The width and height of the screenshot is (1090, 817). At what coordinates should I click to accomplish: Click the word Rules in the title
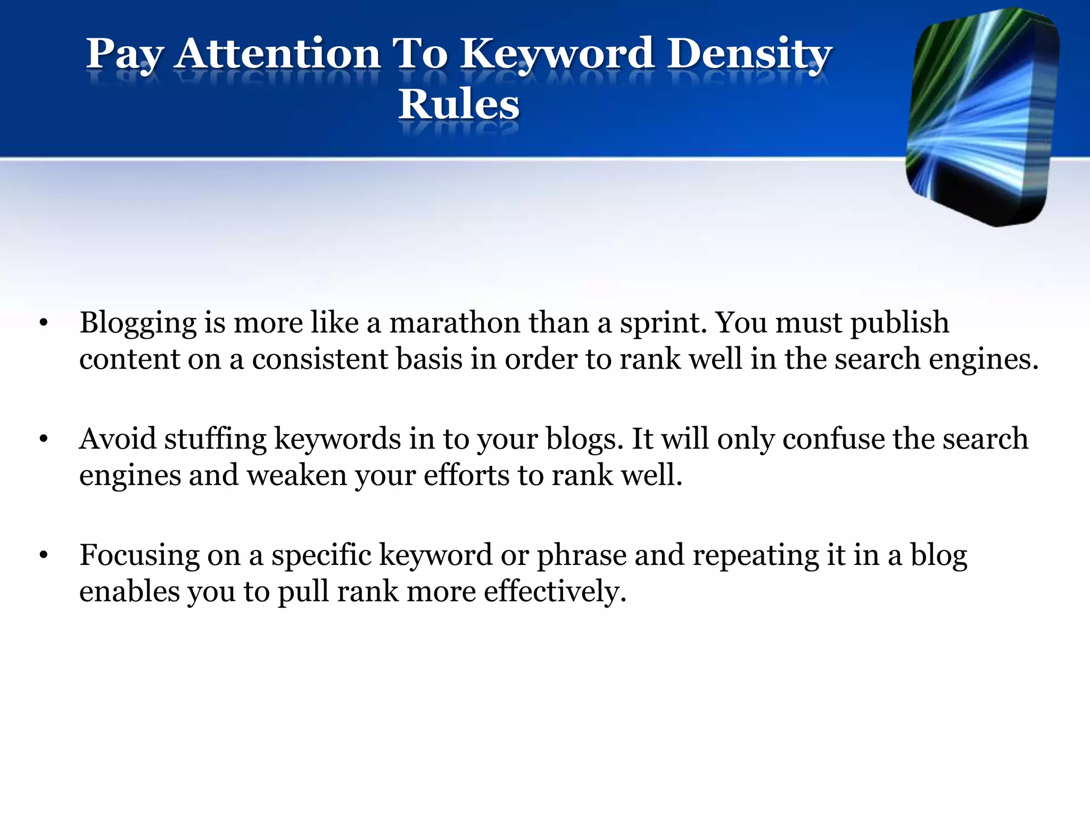coord(458,104)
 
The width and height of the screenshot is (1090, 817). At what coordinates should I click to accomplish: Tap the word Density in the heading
coord(749,54)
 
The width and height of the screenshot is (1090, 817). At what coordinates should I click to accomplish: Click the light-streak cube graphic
coord(982,117)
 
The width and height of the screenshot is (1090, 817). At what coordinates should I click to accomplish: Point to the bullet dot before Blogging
coord(44,322)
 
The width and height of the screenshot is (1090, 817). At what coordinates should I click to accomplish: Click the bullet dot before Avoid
coord(44,439)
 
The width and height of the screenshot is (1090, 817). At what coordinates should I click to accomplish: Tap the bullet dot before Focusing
coord(44,555)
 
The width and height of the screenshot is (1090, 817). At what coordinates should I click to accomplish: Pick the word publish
coord(899,323)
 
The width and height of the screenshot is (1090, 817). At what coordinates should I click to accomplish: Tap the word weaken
coord(296,475)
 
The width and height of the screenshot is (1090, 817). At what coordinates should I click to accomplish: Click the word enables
coord(129,591)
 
